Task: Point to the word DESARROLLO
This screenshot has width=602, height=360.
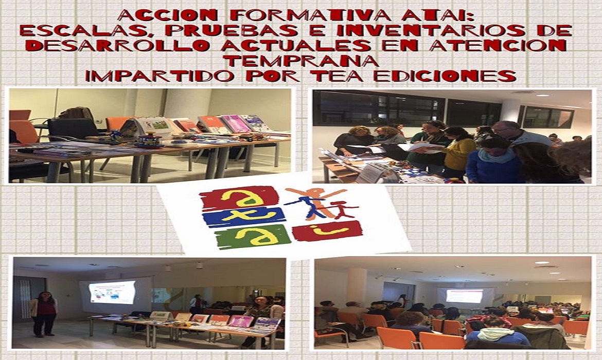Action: point(118,45)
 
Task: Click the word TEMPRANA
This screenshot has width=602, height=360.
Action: point(301,60)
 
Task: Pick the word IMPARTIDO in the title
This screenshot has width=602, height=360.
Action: point(160,75)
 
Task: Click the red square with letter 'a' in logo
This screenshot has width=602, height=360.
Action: point(239,197)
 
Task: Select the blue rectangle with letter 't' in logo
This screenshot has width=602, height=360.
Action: point(244,217)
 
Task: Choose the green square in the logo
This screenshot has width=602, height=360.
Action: point(253,237)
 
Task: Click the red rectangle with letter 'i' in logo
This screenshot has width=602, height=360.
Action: point(327,231)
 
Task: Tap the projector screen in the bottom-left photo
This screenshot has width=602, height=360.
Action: point(112,293)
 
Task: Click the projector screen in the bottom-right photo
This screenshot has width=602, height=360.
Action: point(464,296)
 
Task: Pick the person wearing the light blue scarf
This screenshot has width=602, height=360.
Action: point(494,161)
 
